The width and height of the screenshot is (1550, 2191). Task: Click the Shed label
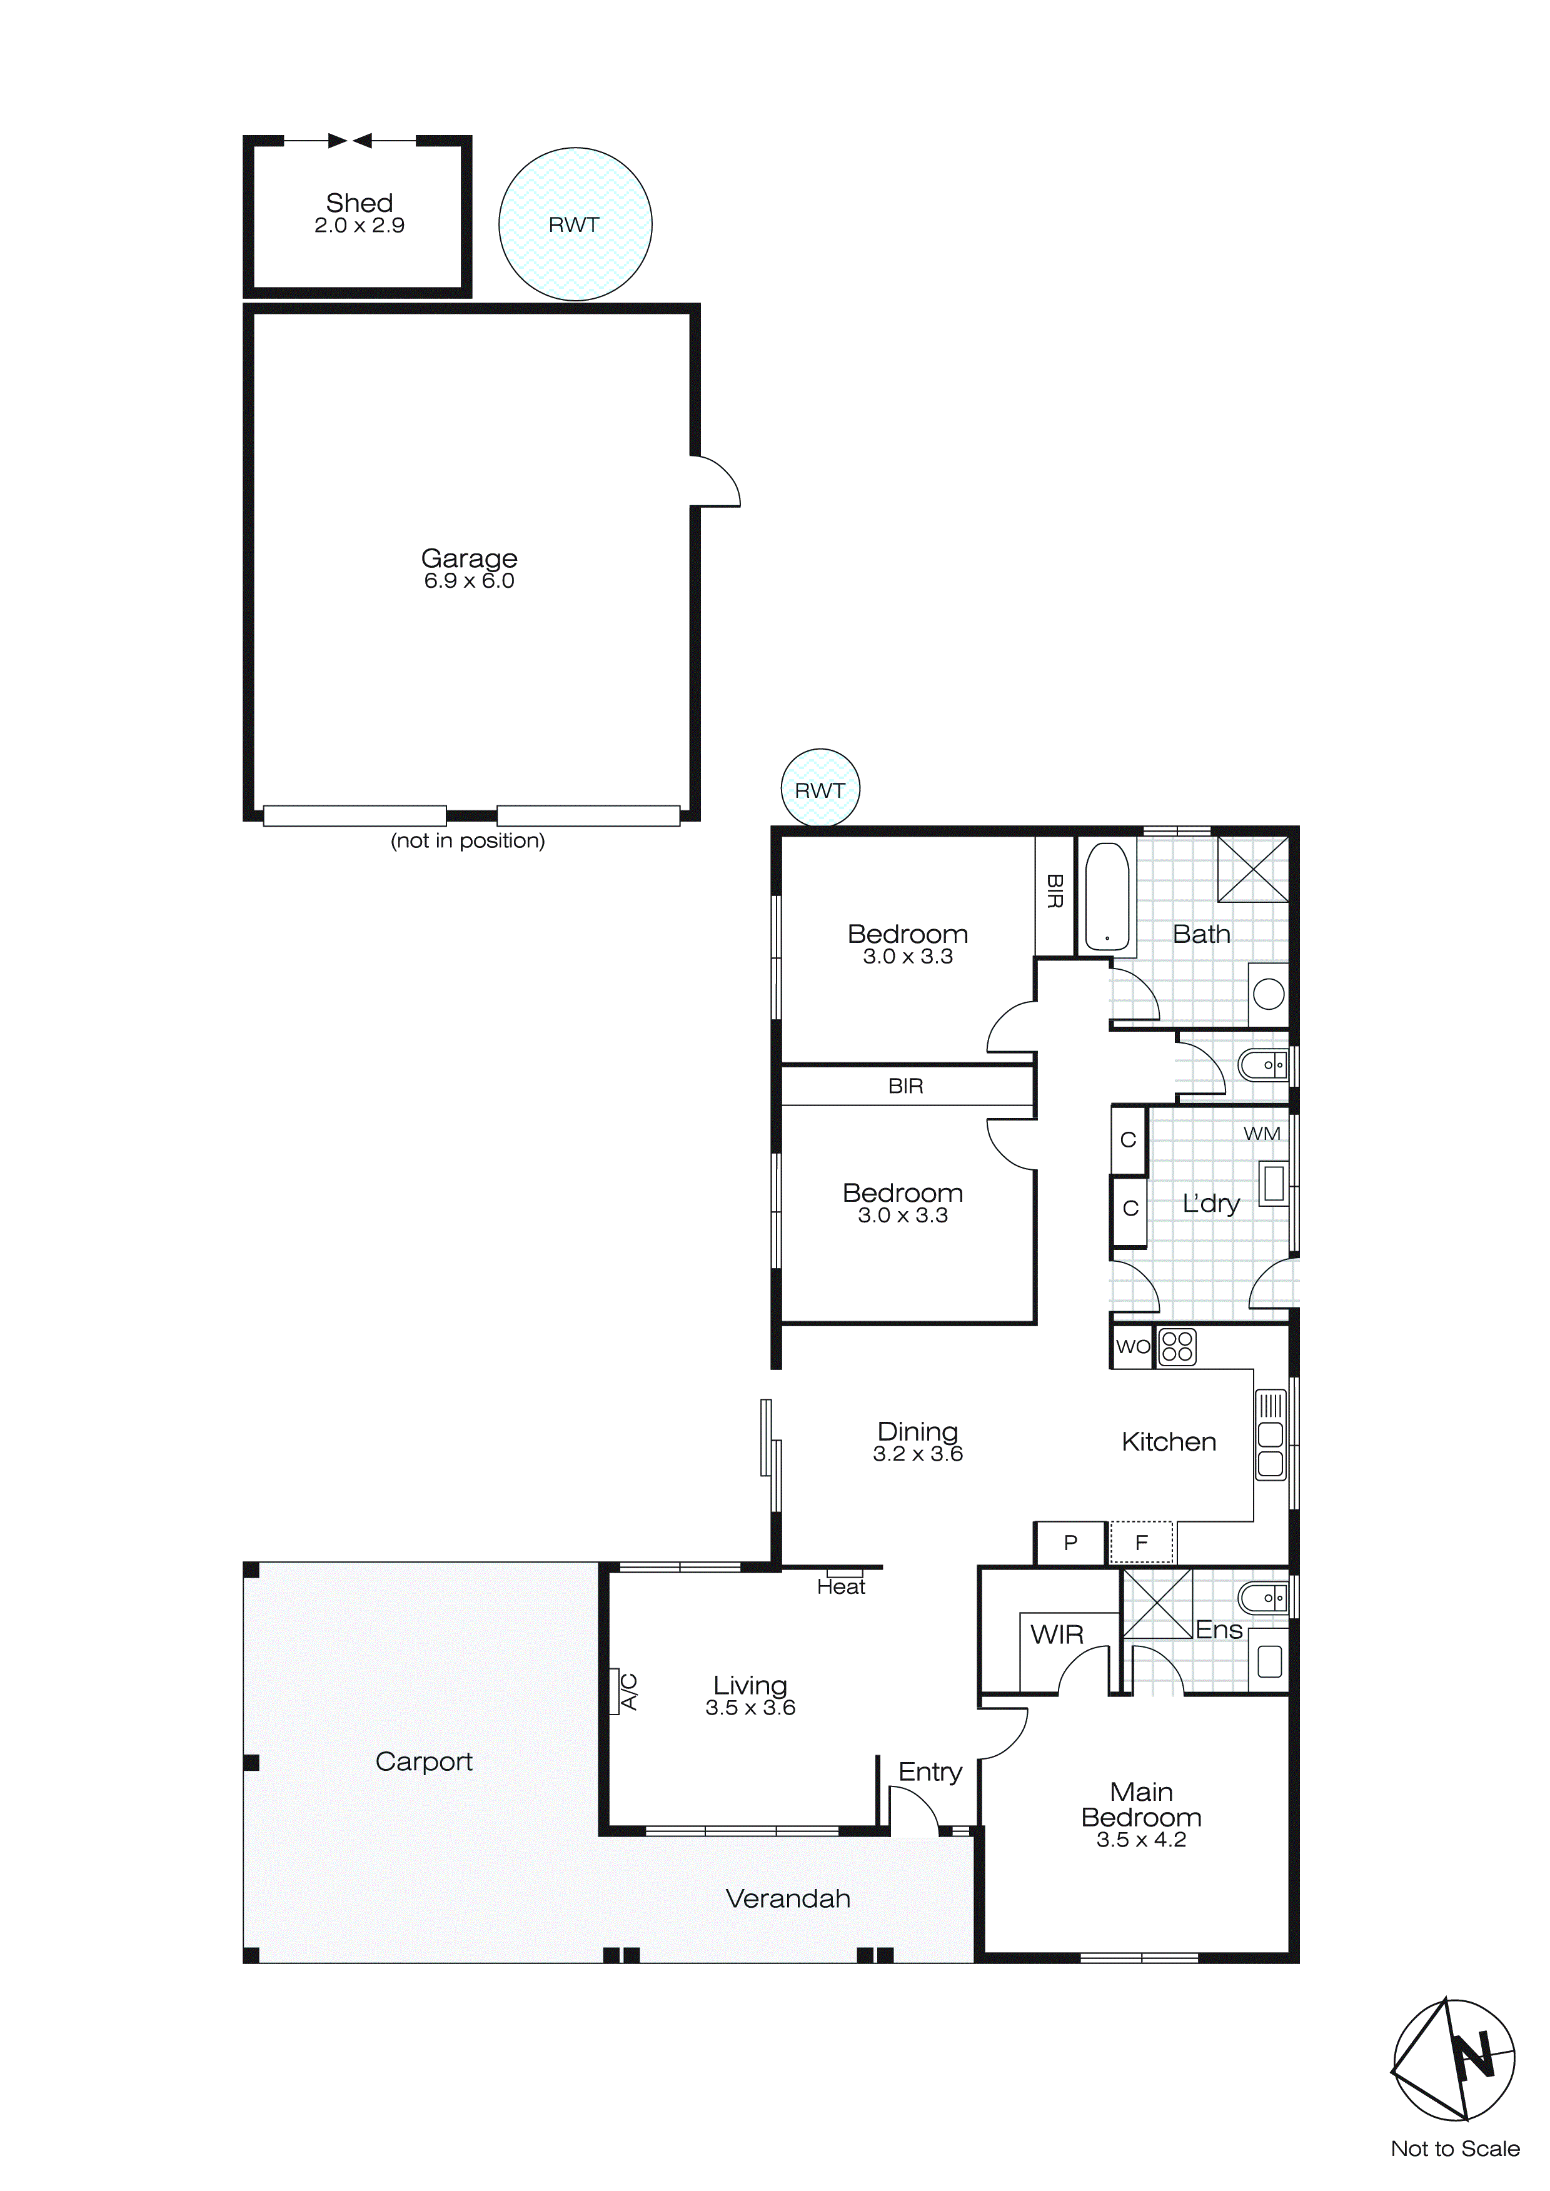point(359,203)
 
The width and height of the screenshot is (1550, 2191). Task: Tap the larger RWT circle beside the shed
point(575,224)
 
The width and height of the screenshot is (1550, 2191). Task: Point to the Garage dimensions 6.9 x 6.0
point(469,581)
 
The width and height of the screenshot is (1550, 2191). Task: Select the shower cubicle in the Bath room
point(1252,869)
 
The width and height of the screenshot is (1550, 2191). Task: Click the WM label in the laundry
point(1261,1134)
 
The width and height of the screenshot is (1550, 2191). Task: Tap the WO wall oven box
point(1133,1346)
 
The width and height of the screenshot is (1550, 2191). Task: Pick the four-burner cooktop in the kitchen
point(1177,1346)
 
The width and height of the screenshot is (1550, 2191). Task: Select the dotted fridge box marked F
point(1142,1542)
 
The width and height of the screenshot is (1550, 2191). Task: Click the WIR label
point(1057,1634)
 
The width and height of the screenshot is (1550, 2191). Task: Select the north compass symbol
point(1454,2059)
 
